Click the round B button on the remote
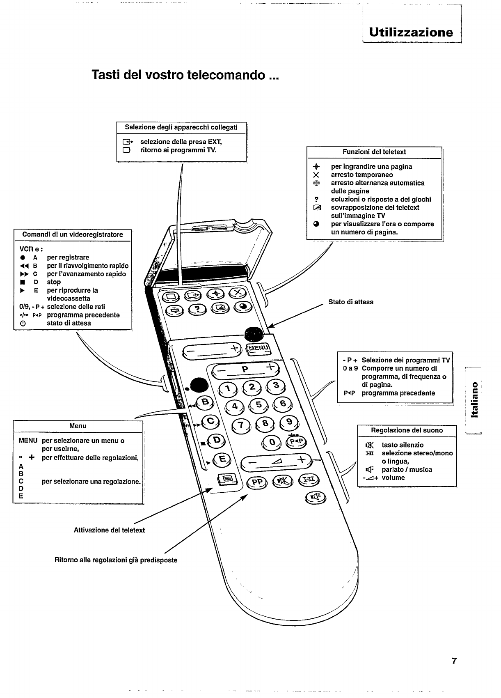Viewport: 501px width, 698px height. point(206,402)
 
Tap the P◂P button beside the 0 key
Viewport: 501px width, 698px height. point(296,441)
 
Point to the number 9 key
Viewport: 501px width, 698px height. point(289,422)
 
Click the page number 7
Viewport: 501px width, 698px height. point(454,661)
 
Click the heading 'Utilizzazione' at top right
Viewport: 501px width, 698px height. point(411,32)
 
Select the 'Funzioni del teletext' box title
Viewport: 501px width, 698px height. point(374,152)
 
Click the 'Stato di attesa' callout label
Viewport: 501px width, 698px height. point(351,302)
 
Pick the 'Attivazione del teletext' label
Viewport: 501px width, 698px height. point(109,530)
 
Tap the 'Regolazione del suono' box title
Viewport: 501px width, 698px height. point(407,430)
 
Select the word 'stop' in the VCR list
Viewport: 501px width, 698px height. point(54,282)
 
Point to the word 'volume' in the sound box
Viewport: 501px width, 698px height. point(393,478)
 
